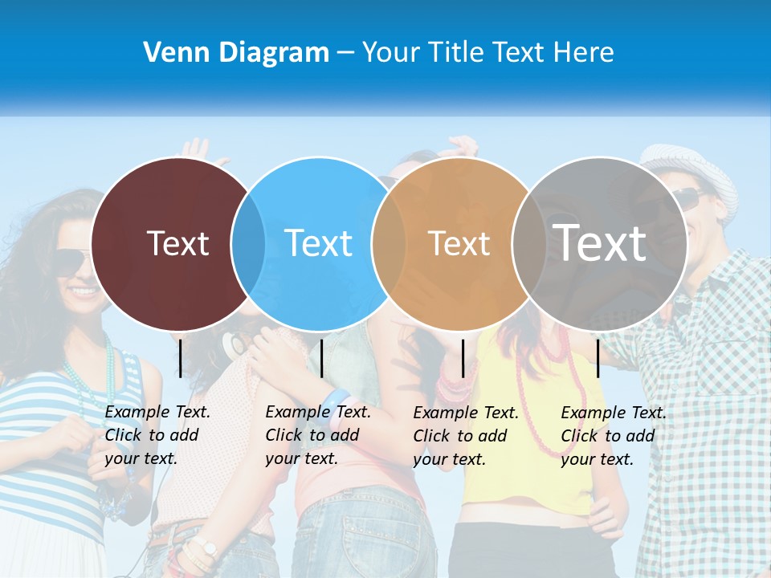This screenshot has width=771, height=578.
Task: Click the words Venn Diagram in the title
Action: [x=236, y=53]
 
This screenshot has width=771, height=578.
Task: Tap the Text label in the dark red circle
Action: [x=177, y=243]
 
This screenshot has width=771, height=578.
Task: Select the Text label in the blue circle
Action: [x=319, y=243]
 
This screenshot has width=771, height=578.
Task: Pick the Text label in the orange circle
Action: [x=459, y=243]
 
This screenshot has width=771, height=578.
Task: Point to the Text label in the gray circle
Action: [x=600, y=242]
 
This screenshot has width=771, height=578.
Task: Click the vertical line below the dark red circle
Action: [x=181, y=358]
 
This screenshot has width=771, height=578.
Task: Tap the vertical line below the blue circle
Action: [x=321, y=358]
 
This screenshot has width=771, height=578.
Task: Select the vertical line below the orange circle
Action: [x=463, y=358]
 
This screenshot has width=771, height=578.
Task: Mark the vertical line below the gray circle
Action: [x=598, y=358]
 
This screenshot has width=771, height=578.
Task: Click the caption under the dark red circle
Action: [x=157, y=435]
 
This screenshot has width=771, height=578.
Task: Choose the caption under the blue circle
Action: [x=318, y=435]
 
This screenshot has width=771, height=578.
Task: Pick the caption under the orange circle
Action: [x=466, y=436]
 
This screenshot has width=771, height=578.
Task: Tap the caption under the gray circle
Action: [x=614, y=436]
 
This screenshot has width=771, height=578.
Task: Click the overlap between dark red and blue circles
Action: [x=248, y=243]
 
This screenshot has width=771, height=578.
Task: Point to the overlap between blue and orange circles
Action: [x=389, y=243]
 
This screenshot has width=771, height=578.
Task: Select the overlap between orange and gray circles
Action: [x=528, y=243]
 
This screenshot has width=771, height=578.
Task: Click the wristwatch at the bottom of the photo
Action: [x=208, y=548]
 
